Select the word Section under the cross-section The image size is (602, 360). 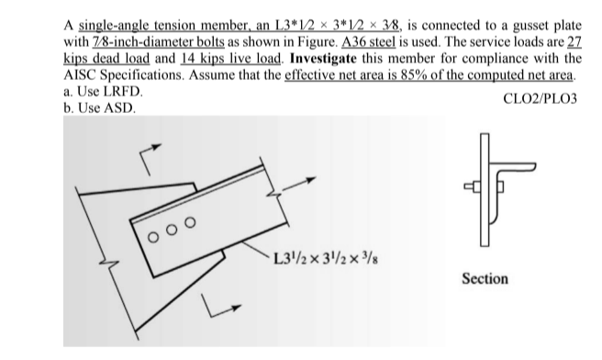point(485,277)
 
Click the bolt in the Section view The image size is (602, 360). point(479,189)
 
